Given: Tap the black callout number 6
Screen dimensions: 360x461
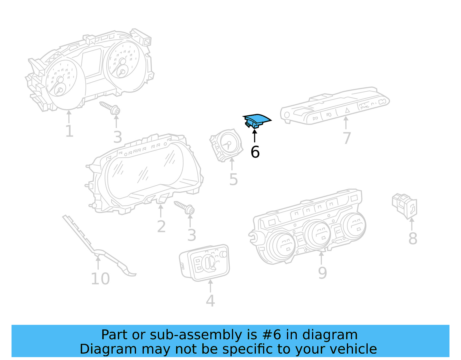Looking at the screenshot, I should coord(255,152).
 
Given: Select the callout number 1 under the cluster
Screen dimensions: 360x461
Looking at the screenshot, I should coord(69,131).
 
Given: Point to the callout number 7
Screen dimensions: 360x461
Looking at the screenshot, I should coord(347,138).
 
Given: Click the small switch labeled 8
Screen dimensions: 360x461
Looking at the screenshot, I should coord(405,206).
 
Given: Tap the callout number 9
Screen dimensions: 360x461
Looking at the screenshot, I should coord(322,273).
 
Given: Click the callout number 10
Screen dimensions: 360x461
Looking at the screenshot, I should coord(100,279).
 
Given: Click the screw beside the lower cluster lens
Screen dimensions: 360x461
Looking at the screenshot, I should coord(184,208).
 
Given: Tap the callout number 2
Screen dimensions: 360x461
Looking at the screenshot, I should coord(161,227).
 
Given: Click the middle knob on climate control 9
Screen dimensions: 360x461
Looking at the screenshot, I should coord(317,233).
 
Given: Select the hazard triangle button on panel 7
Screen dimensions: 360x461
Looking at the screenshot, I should coord(347,110).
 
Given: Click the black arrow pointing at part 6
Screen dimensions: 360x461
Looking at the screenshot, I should coord(254,136).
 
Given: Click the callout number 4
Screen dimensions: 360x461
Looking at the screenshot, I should coord(210,301).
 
